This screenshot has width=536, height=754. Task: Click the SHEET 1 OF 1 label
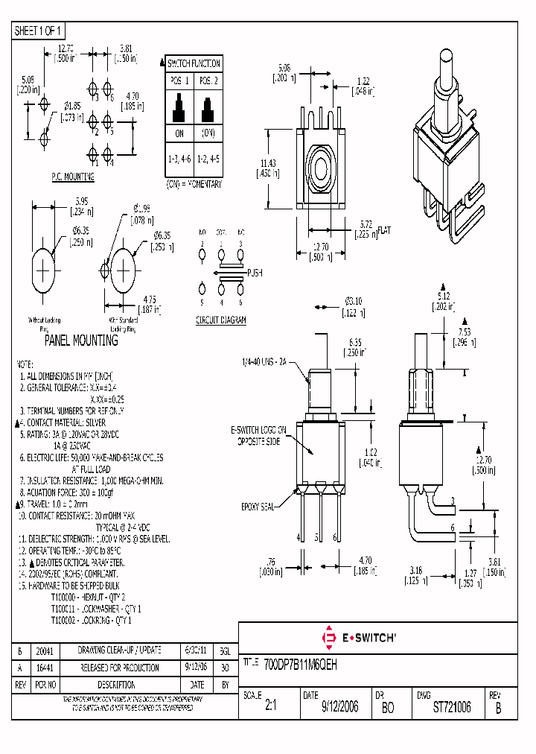tap(39, 31)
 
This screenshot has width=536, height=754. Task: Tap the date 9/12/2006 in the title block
tap(339, 707)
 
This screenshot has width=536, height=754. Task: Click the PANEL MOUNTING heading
tap(81, 340)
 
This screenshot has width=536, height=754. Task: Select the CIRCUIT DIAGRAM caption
tap(221, 320)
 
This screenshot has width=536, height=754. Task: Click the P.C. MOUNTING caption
tap(72, 177)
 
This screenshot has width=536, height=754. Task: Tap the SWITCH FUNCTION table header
tap(194, 63)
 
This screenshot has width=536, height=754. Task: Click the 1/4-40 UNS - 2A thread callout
tap(264, 361)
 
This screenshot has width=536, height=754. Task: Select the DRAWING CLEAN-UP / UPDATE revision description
tap(120, 650)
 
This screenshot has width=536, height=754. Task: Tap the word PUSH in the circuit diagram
tap(255, 273)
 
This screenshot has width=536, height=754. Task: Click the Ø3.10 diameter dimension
tap(353, 301)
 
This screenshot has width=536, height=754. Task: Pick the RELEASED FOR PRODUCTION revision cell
tap(120, 668)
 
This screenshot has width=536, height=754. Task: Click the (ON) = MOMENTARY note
tap(193, 183)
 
